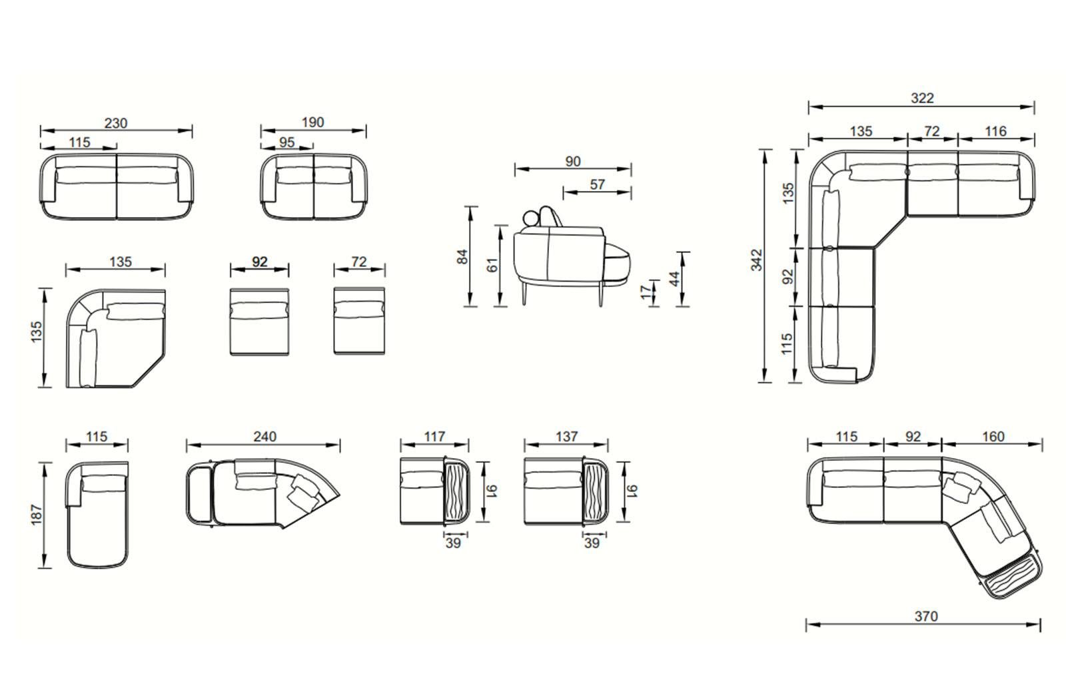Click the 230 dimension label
pos(116,123)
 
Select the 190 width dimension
pos(312,122)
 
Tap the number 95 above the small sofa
pos(286,142)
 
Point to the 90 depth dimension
pos(573,161)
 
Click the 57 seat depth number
pos(597,184)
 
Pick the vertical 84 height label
pos(462,257)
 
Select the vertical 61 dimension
pos(492,265)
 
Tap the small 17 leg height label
pos(646,292)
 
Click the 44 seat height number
pos(674,279)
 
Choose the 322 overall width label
pos(922,98)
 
